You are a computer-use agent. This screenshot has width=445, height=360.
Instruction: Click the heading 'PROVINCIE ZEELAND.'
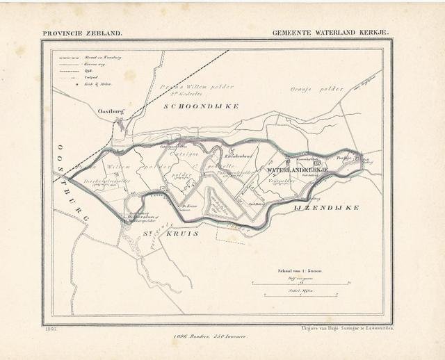coord(82,32)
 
